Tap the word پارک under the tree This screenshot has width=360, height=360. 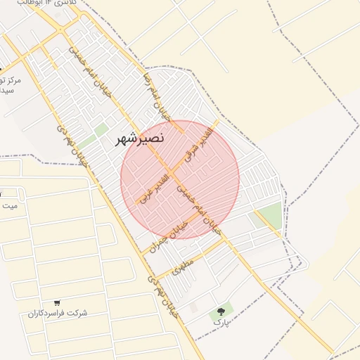point(221,322)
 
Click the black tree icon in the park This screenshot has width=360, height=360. point(222,309)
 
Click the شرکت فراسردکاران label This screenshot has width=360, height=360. point(58,313)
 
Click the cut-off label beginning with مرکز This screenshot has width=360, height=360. point(11,81)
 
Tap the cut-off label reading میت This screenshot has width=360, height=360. point(8,206)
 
